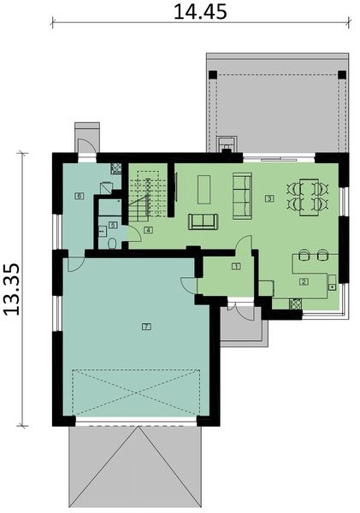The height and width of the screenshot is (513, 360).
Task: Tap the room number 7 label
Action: [x=146, y=327]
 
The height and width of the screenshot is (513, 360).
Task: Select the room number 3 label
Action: [x=269, y=198]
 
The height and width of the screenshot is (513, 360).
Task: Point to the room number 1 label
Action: [x=236, y=267]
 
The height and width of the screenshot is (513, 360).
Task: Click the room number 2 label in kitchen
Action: [x=303, y=280]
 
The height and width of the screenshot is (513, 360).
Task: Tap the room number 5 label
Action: [x=112, y=226]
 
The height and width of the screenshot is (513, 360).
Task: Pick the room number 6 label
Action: [x=79, y=197]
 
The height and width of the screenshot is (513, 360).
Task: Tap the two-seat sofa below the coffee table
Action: [x=203, y=221]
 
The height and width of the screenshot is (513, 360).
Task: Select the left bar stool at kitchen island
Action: [x=304, y=254]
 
